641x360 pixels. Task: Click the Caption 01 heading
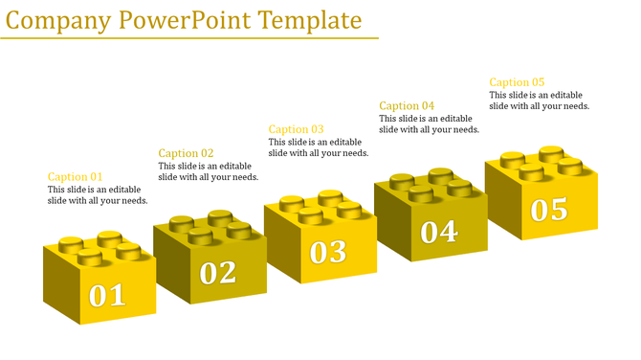(75, 176)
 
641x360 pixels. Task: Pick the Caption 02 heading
(186, 153)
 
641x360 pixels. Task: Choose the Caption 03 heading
(296, 129)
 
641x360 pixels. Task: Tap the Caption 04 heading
(407, 105)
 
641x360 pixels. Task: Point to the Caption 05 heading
(517, 82)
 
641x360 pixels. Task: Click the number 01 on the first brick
(107, 295)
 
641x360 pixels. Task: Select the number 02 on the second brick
(218, 273)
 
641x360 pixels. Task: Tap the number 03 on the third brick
(328, 251)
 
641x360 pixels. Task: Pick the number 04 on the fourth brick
(439, 231)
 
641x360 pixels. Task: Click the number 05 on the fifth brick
(549, 209)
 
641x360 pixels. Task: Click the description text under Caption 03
(318, 147)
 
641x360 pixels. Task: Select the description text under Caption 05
(539, 101)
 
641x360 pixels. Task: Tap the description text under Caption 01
(98, 195)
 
